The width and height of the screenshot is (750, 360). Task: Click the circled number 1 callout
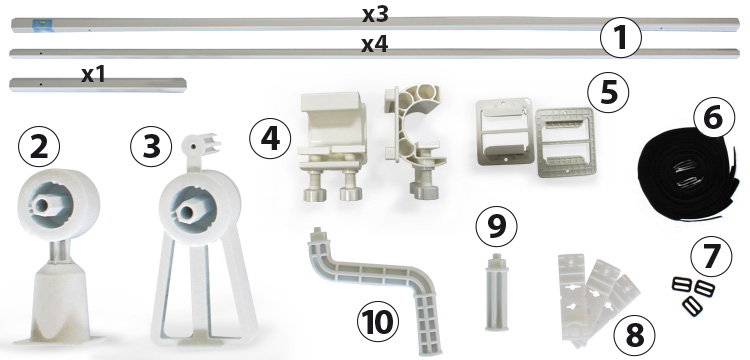(620, 37)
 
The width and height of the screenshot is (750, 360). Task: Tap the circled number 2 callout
(39, 146)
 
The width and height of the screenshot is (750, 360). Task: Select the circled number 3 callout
(151, 146)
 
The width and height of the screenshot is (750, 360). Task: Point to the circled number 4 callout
(270, 138)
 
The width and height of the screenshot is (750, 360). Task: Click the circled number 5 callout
(609, 92)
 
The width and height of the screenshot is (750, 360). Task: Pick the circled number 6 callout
(713, 117)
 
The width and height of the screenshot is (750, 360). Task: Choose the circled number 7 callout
(711, 256)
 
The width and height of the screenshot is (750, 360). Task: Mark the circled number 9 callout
(496, 227)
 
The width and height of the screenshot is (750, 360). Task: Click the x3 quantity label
(375, 15)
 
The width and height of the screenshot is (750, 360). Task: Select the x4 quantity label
(375, 44)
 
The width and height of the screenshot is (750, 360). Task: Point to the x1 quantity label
(93, 75)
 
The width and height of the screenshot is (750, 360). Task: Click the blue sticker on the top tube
(38, 24)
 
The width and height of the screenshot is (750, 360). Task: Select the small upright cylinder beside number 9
(495, 293)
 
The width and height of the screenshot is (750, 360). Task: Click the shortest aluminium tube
(98, 85)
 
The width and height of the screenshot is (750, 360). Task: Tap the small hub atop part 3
(200, 143)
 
